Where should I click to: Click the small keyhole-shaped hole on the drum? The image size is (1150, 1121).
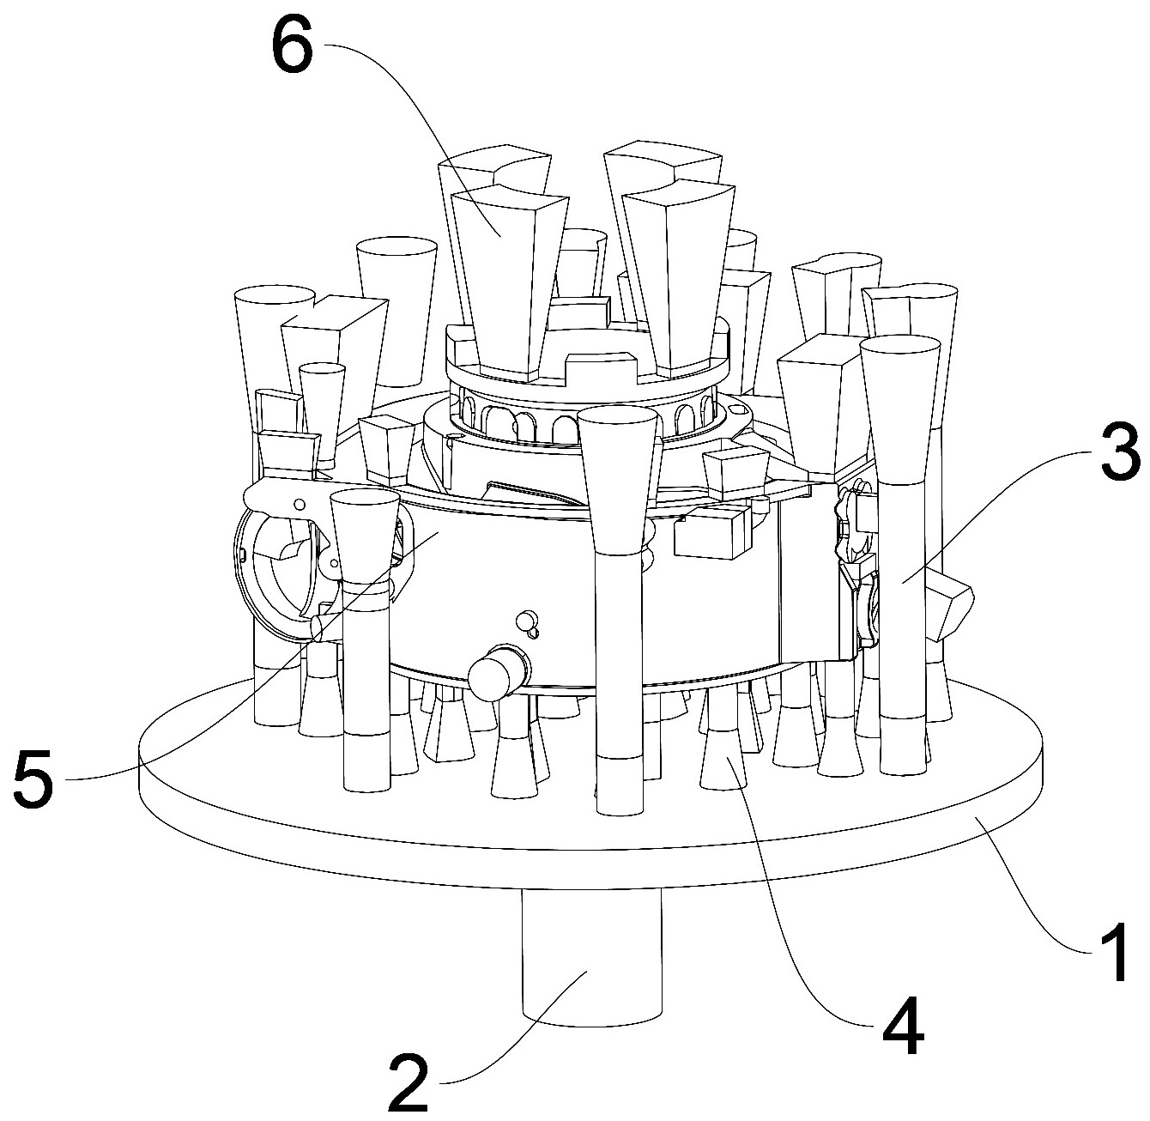526,621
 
